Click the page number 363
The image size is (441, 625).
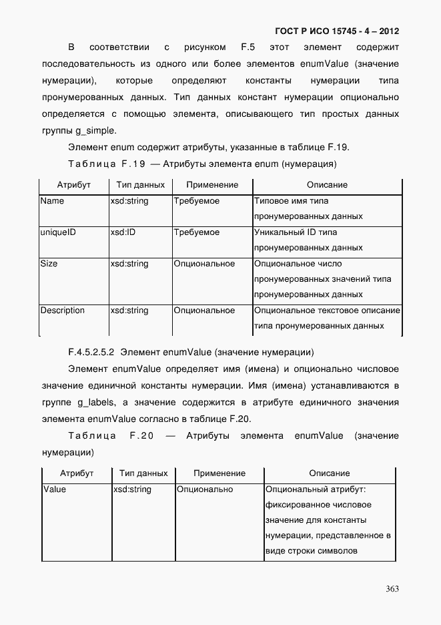392,588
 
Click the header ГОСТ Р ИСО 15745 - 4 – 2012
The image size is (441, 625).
337,31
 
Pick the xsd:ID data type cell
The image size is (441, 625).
123,232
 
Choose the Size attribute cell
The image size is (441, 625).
49,264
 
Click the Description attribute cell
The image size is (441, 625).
62,310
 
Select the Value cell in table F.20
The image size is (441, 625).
55,489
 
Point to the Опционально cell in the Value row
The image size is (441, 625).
205,489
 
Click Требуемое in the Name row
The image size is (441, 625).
196,201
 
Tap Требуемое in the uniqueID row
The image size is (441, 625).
196,232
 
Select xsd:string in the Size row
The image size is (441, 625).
129,264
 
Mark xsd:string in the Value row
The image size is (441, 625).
133,489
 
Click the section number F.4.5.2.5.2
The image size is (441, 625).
91,352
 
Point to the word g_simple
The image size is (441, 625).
96,130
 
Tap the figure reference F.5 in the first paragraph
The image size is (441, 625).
248,47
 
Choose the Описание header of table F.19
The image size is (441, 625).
327,185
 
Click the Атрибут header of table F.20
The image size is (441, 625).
77,473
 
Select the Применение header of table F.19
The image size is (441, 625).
212,185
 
